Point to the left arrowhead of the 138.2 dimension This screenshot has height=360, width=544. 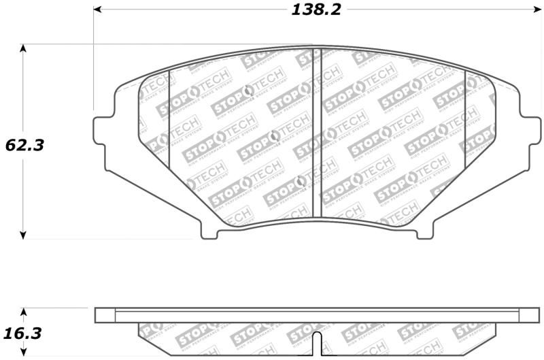(97, 10)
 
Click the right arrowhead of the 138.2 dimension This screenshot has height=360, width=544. (535, 10)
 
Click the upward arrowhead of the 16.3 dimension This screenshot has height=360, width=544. (24, 311)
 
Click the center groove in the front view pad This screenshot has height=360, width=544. (316, 133)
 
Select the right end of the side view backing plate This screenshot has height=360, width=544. (529, 315)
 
